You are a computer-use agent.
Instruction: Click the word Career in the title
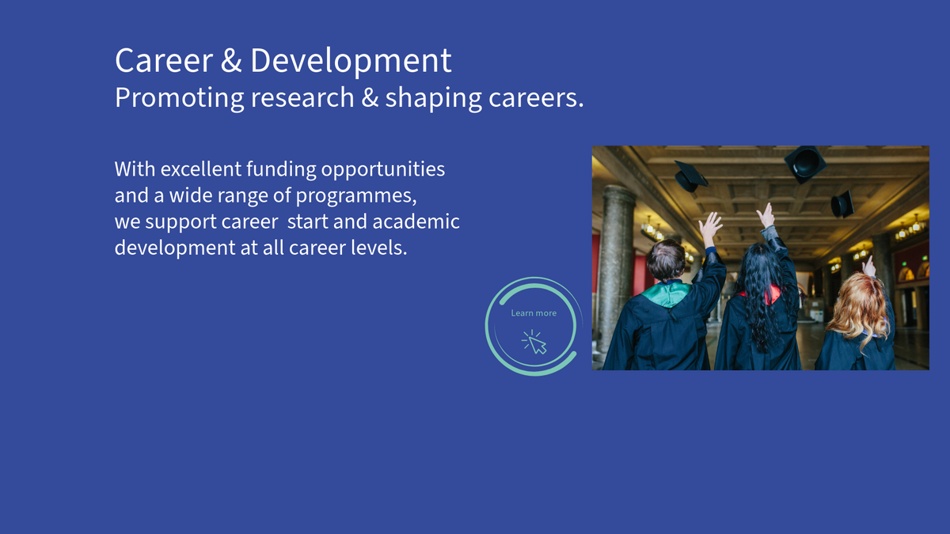point(164,61)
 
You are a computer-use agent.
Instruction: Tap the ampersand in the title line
point(231,61)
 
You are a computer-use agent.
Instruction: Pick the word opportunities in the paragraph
point(383,170)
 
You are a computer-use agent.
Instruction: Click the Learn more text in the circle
point(534,313)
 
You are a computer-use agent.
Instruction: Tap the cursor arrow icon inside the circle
point(535,343)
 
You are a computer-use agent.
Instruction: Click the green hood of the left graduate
point(667,294)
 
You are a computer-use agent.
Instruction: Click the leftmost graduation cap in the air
point(690,176)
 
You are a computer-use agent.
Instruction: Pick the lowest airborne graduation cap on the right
point(842,204)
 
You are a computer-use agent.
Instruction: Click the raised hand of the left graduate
point(709,228)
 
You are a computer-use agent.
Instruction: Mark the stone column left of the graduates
point(616,271)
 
